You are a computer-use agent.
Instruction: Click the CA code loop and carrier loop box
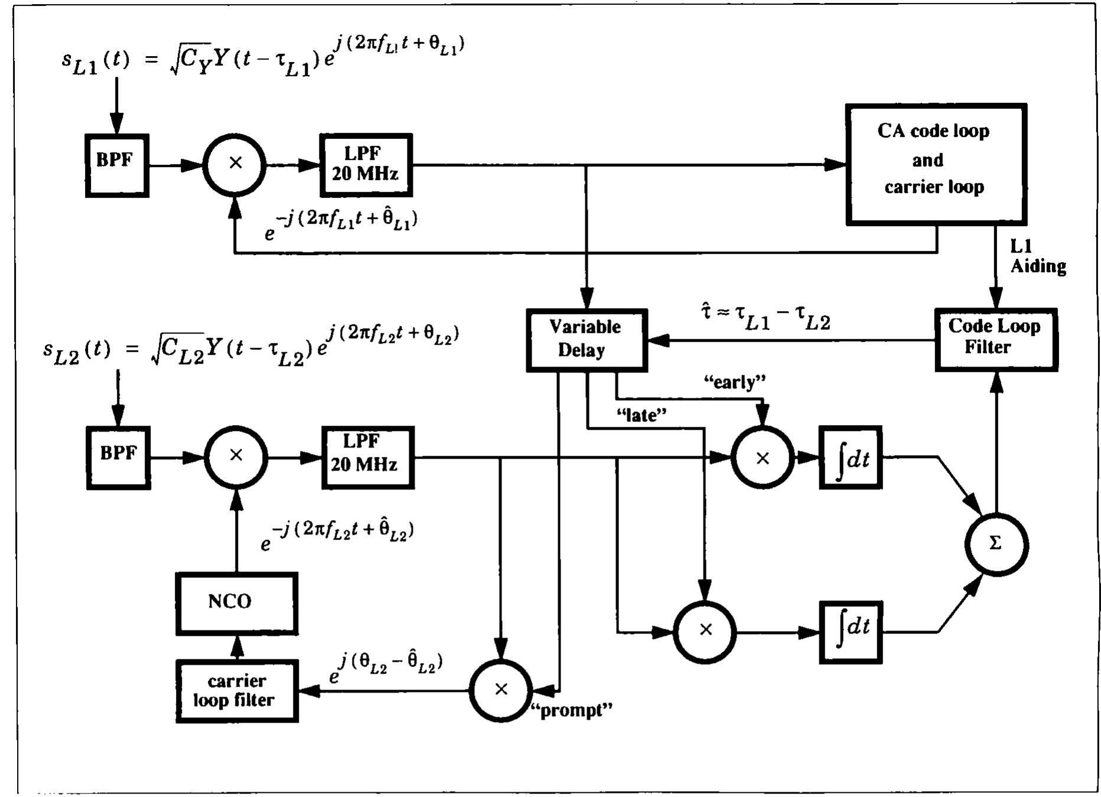pos(936,164)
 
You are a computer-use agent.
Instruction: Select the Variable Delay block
pos(586,340)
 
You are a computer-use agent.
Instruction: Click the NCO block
pos(236,603)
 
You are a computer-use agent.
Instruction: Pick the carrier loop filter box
pos(237,691)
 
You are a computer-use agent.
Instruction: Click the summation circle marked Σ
pos(996,544)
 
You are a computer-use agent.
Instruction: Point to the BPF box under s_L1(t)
pos(117,165)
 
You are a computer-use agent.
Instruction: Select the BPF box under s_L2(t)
pos(118,458)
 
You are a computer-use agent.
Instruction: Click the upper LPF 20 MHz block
pos(366,165)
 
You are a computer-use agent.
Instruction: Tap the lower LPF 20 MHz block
pos(367,458)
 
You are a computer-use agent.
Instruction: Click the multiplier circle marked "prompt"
pos(501,690)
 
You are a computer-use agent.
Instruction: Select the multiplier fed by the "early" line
pos(762,458)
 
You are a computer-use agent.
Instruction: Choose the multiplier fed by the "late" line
pos(705,631)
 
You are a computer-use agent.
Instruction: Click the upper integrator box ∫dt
pos(850,458)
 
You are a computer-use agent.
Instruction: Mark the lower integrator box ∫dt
pos(850,632)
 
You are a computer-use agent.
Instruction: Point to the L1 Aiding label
pos(1037,257)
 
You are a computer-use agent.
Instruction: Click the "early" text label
pos(734,383)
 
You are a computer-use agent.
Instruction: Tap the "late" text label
pos(641,416)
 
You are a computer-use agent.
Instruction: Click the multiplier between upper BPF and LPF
pos(235,165)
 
